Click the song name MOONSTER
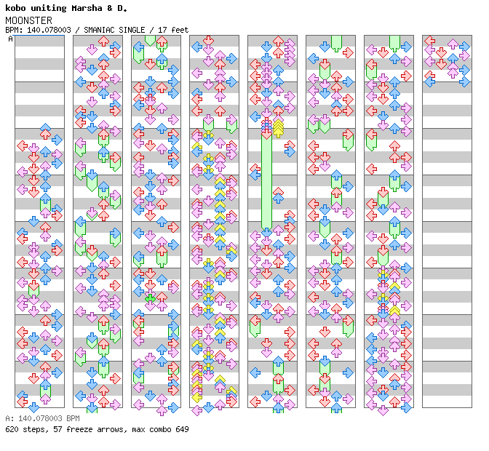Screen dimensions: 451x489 28,20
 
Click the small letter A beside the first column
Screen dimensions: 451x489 11,39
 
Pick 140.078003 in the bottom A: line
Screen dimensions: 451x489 39,419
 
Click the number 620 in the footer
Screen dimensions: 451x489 12,429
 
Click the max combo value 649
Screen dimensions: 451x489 181,429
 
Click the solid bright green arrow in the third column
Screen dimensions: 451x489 150,298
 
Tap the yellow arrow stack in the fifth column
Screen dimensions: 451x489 278,128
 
